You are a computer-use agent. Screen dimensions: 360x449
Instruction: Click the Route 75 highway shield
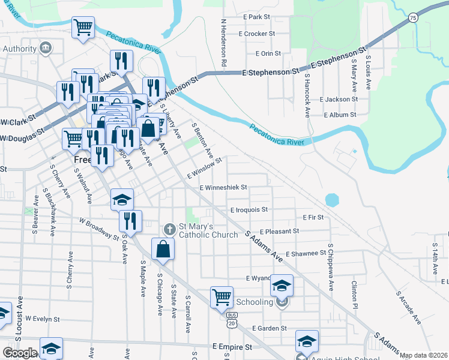[413, 19]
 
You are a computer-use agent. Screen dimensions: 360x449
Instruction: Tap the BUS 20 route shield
[232, 319]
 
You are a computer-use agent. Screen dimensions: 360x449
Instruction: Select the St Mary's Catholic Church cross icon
[169, 229]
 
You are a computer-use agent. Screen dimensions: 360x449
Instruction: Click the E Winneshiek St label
[223, 187]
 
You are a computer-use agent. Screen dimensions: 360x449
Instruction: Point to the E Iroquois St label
[249, 210]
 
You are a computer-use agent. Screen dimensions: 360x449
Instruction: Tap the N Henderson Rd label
[223, 42]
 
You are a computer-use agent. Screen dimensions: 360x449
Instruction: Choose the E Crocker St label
[256, 34]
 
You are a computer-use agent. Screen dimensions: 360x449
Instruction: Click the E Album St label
[340, 114]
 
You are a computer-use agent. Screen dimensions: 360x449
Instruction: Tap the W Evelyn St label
[45, 319]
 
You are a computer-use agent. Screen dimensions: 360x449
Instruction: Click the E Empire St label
[232, 347]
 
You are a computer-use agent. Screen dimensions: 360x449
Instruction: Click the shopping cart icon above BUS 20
[221, 296]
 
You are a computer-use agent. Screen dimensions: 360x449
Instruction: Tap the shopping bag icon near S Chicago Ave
[163, 248]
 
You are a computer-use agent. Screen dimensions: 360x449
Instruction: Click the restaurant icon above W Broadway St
[130, 220]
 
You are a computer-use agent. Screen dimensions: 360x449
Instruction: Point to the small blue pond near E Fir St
[332, 199]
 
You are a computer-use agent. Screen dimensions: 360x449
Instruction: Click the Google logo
[20, 352]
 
